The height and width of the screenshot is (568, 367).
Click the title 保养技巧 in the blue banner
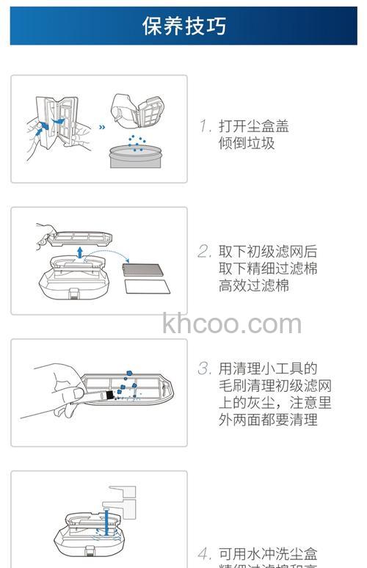(x=183, y=26)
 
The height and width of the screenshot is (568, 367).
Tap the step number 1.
(x=205, y=126)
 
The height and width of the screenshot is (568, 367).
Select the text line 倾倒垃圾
(x=247, y=143)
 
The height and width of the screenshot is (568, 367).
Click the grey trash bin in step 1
(x=135, y=156)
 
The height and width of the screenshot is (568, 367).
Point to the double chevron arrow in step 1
(x=102, y=125)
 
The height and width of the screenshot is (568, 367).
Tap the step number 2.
(x=205, y=251)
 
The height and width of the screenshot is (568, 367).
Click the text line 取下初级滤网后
(x=268, y=251)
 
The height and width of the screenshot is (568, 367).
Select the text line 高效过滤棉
(x=254, y=285)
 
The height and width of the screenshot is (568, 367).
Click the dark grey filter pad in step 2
(x=147, y=266)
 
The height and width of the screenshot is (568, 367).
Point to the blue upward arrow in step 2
(x=79, y=252)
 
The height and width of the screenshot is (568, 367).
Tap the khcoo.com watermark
(x=232, y=323)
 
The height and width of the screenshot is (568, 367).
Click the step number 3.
(x=205, y=368)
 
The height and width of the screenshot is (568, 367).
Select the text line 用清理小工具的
(x=268, y=368)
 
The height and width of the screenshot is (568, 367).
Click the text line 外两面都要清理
(x=268, y=420)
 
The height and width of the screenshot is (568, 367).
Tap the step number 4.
(x=205, y=553)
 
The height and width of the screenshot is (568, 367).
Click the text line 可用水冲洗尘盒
(x=268, y=553)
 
